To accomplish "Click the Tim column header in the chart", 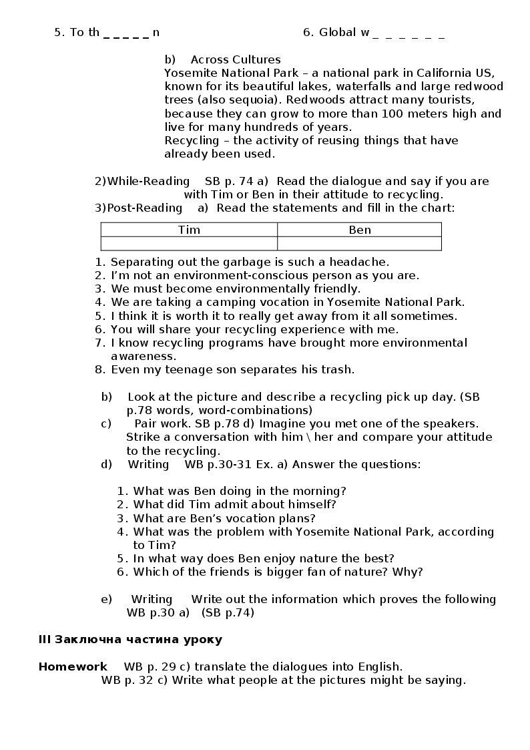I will click(x=189, y=230).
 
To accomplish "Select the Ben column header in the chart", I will click(x=360, y=230).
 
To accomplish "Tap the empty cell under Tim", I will click(x=189, y=243).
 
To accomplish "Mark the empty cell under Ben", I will click(x=360, y=243).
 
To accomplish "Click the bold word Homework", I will click(x=73, y=667).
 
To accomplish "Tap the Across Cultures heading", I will click(x=236, y=59).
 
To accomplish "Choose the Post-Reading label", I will click(x=144, y=208).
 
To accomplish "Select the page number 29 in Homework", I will click(x=168, y=667).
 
